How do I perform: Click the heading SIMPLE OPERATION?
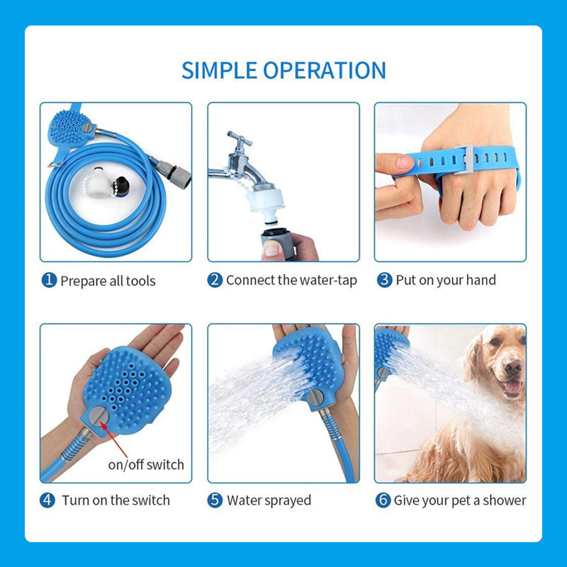(283, 70)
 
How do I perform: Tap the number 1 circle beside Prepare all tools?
(49, 281)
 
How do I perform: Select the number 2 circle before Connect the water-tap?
(215, 280)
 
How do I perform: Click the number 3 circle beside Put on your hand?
(384, 280)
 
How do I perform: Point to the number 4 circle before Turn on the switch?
(47, 500)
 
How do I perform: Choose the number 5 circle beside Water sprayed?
(215, 500)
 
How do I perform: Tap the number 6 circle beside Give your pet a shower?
(383, 500)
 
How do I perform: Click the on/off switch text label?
(146, 465)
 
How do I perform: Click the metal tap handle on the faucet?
(240, 139)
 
